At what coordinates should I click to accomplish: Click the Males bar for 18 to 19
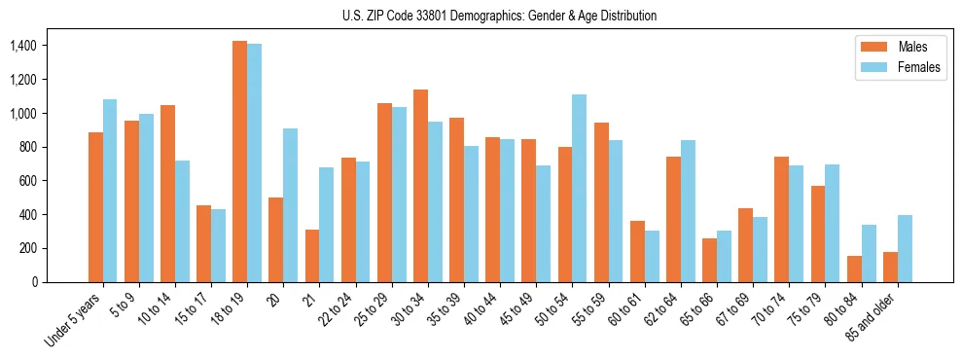(239, 162)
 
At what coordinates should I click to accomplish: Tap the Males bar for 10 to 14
(167, 194)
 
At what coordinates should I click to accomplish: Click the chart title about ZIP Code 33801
(499, 16)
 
